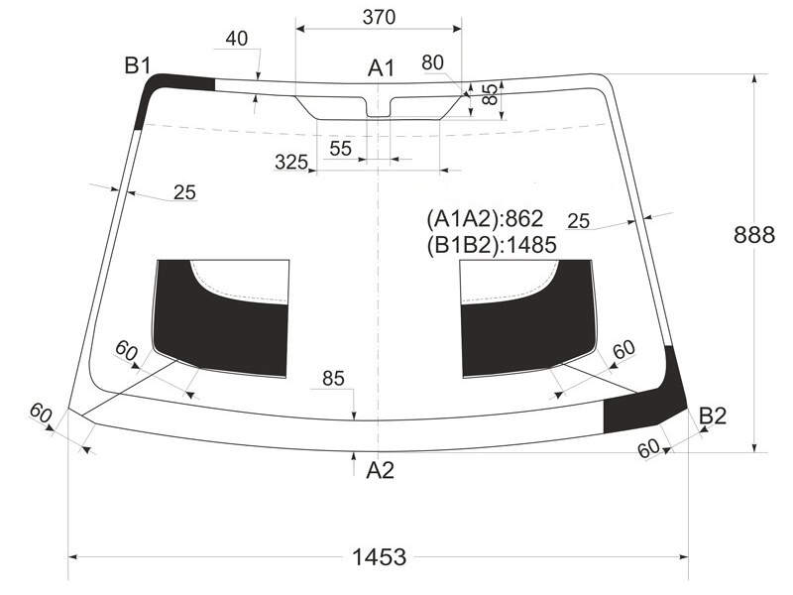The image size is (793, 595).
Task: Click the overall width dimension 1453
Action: pos(379,557)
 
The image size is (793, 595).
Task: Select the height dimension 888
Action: pos(754,235)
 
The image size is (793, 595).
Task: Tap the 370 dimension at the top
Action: pos(379,17)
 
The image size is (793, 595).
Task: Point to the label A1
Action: pos(381,67)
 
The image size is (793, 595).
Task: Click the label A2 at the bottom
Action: pos(380,470)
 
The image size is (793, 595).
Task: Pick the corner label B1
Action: pos(138,65)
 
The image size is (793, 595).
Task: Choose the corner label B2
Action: pos(713,416)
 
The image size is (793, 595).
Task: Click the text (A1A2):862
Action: pos(485,218)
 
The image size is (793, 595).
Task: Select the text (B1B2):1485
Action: pos(492,245)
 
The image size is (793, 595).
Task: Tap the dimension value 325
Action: pos(291,162)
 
